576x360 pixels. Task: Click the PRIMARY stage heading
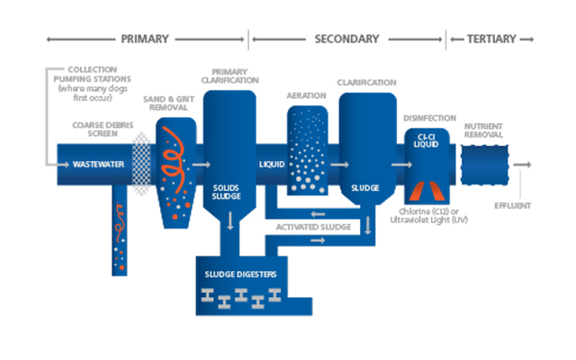point(144,39)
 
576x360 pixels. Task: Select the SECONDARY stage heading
point(346,39)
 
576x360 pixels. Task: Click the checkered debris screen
point(140,165)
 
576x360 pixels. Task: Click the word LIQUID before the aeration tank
point(272,165)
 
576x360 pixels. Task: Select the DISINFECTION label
point(428,117)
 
